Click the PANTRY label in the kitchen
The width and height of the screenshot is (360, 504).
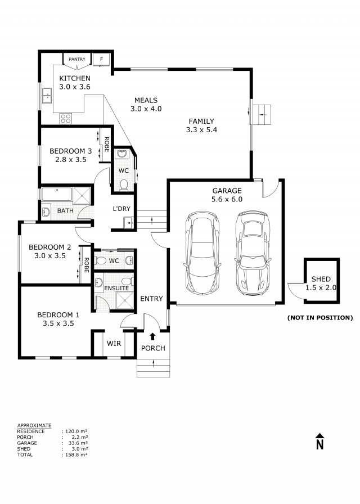coord(76,59)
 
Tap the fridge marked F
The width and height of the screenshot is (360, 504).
coord(101,59)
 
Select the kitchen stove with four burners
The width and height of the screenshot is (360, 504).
coord(66,118)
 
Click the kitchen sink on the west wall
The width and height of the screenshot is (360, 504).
coord(47,96)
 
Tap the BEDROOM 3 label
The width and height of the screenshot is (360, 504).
coord(70,151)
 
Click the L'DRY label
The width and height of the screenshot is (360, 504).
coord(122,209)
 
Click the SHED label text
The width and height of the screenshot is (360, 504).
coord(321,279)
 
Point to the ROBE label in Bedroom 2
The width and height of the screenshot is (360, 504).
coord(87,265)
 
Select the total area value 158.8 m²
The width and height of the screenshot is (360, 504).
coord(76,454)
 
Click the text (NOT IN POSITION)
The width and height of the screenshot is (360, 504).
coord(319,318)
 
